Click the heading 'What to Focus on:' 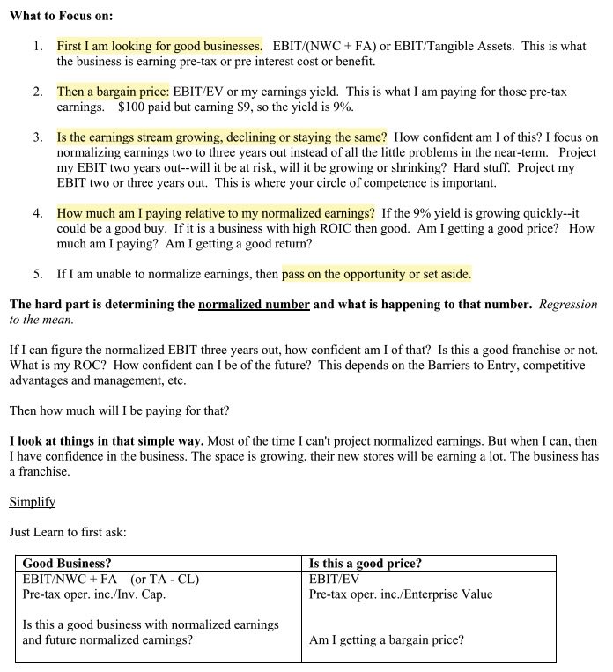click(61, 16)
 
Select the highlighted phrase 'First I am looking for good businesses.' click(159, 46)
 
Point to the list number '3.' click(38, 137)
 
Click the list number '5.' click(38, 274)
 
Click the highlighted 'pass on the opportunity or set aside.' click(376, 274)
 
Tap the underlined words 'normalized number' click(254, 305)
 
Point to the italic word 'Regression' click(568, 305)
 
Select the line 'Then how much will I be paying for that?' click(118, 410)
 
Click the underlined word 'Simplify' click(32, 502)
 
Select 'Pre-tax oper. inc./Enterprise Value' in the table click(401, 594)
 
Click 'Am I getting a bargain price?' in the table click(386, 640)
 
